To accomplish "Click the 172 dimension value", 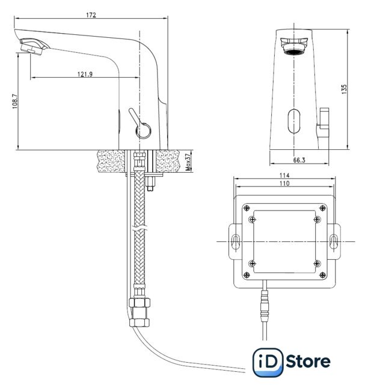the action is pos(91,15).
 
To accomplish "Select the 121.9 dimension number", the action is pos(85,74).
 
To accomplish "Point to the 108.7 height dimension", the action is pos(15,101).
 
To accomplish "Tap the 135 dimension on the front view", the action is pos(344,89).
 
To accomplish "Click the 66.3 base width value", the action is pos(299,160).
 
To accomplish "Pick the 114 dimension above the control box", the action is pos(284,175).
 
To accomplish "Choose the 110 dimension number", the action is pos(284,183).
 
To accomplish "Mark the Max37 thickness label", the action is pos(188,162).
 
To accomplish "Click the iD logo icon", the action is pos(268,362).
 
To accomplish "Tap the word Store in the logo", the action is pos(308,362).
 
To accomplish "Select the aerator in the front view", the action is pos(294,46).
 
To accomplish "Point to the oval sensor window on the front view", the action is pos(294,121).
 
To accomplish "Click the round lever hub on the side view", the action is pos(143,131).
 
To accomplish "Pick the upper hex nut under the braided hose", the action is pos(139,303).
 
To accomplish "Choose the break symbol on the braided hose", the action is pos(139,229).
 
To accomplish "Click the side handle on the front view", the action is pos(323,128).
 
